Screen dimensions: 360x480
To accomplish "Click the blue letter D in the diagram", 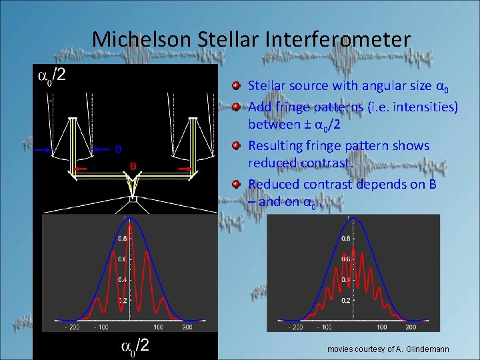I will click(x=118, y=149).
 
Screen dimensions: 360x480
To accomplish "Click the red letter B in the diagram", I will click(x=133, y=165).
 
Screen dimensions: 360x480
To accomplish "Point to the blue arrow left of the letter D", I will click(x=100, y=149).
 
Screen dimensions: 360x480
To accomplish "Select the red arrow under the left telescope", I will click(x=80, y=170).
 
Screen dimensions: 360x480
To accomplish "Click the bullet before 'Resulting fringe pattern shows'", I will click(x=237, y=145).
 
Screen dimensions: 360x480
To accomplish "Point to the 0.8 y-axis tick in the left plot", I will click(x=122, y=237).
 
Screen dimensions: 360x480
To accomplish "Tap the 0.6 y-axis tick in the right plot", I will click(x=345, y=259).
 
